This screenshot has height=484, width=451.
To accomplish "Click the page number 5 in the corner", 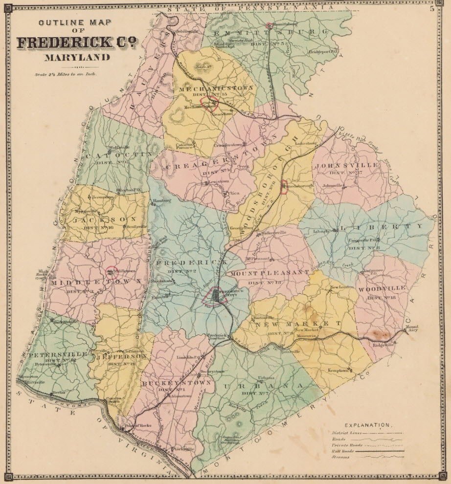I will click(432, 7).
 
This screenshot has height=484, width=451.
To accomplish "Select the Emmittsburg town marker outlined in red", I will click(269, 25).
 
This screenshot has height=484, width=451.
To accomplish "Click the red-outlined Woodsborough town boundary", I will click(283, 187).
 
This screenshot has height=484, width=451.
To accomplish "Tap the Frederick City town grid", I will click(215, 295).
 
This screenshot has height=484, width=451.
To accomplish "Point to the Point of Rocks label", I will click(138, 426).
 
